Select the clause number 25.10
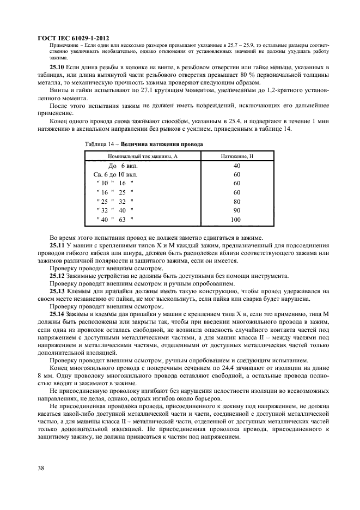pyautogui.click(x=58, y=66)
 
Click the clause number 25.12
pyautogui.click(x=57, y=276)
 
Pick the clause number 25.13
pyautogui.click(x=57, y=292)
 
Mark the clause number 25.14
pyautogui.click(x=57, y=314)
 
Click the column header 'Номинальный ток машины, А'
pyautogui.click(x=143, y=156)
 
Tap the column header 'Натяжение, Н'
pyautogui.click(x=236, y=156)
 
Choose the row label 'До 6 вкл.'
pyautogui.click(x=117, y=165)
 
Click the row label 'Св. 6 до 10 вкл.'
pyautogui.click(x=115, y=174)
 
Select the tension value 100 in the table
pyautogui.click(x=236, y=220)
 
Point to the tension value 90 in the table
pyautogui.click(x=236, y=210)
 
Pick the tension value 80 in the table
pyautogui.click(x=236, y=201)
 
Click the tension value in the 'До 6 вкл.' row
pyautogui.click(x=236, y=165)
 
